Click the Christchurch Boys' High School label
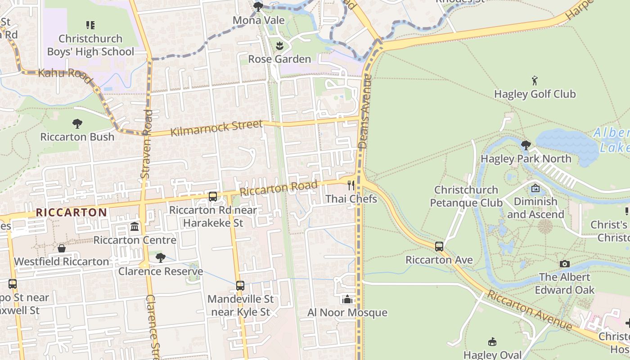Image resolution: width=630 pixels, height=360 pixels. point(90,45)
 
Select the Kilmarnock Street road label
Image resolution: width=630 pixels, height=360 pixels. point(216,128)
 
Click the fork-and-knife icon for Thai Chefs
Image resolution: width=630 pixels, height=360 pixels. point(351,185)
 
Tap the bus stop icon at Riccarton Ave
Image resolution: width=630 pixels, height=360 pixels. point(439,247)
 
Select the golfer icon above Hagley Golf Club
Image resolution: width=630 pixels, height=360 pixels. point(535,81)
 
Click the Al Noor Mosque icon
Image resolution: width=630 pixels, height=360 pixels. point(347,299)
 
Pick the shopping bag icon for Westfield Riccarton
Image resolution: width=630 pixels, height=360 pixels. point(62,248)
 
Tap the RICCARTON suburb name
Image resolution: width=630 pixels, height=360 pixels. point(72,212)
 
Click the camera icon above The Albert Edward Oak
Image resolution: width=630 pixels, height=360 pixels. point(565,264)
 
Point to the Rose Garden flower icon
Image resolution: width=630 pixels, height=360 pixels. point(279,46)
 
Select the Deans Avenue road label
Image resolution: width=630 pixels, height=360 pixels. point(365,112)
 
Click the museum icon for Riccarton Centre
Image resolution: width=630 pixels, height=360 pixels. point(135,226)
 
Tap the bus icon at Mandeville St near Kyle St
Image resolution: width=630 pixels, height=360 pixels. point(240,286)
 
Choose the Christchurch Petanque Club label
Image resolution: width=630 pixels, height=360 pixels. point(466,196)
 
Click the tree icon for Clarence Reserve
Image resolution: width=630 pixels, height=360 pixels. point(160,258)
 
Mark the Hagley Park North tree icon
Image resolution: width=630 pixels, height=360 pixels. point(526,145)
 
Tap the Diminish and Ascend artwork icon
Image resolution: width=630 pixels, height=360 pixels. point(535,188)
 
